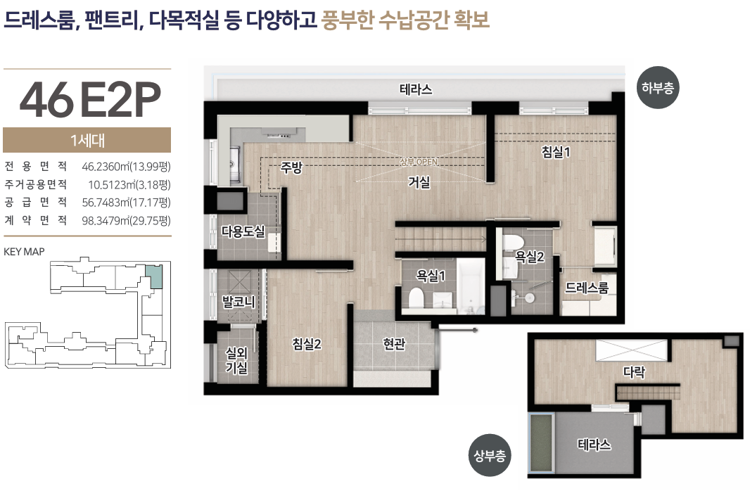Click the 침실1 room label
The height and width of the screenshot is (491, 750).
tap(556, 152)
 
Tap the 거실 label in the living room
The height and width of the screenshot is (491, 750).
tap(419, 182)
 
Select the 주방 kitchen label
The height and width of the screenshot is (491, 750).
tap(291, 167)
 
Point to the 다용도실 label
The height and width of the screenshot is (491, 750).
tap(243, 232)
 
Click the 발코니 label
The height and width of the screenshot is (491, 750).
tap(239, 302)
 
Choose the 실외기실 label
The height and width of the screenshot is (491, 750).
tap(237, 360)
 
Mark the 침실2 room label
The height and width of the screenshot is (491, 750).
tap(307, 343)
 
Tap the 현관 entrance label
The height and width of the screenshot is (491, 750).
tap(394, 343)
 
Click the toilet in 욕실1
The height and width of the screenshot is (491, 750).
tap(416, 298)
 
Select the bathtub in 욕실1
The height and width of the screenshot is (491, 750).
tap(471, 286)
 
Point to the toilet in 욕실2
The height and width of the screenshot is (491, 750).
tap(512, 243)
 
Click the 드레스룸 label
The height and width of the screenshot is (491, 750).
tap(587, 287)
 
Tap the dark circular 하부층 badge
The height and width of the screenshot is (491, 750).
tap(658, 87)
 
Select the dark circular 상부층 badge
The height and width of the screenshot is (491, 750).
tap(489, 455)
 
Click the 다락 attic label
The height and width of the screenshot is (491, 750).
tap(634, 372)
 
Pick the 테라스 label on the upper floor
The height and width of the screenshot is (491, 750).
tap(595, 445)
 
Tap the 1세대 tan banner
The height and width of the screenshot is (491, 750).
tap(87, 140)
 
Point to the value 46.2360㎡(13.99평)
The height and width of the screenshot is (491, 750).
tap(126, 167)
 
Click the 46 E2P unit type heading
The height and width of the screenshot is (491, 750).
tap(90, 100)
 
